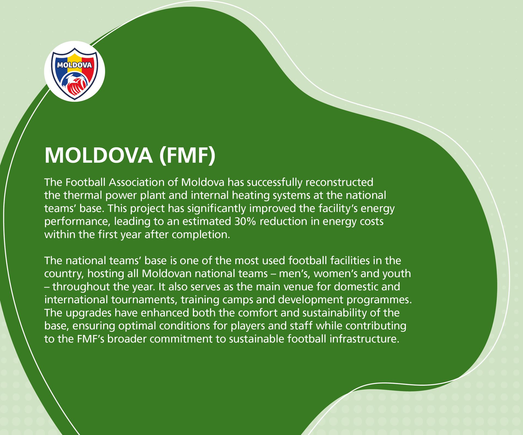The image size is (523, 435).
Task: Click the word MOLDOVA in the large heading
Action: [x=98, y=155]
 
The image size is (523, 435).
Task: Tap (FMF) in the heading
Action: [x=187, y=155]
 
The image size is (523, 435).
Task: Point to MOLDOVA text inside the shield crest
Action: [x=74, y=65]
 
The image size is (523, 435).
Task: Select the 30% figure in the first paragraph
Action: [x=245, y=221]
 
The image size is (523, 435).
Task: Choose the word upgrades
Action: [x=89, y=313]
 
